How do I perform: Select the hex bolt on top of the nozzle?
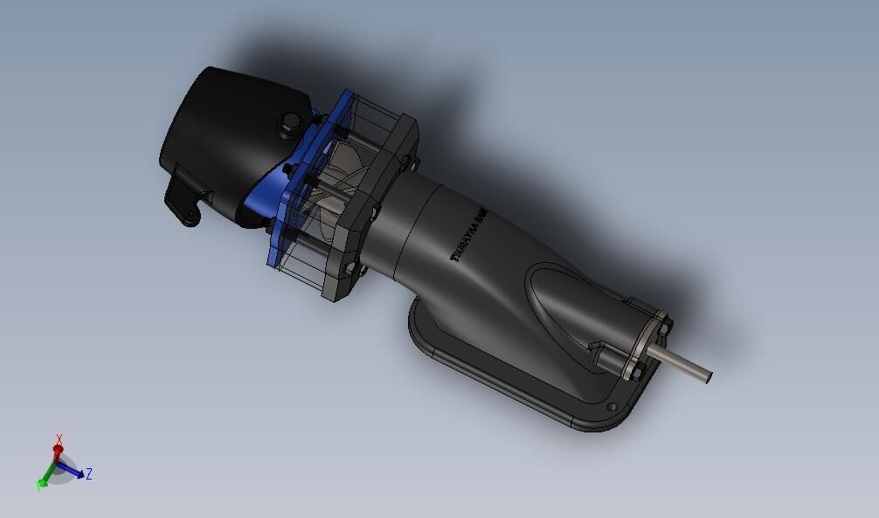click(x=287, y=126)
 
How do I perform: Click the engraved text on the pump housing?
click(x=467, y=234)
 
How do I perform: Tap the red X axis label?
click(x=59, y=439)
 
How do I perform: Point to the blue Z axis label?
click(x=89, y=474)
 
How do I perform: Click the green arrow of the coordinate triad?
click(x=42, y=481)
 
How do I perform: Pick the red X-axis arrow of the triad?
click(x=59, y=452)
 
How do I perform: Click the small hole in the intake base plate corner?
click(x=612, y=407)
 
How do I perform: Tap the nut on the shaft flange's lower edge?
click(x=636, y=374)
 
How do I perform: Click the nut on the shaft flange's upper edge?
click(x=666, y=325)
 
